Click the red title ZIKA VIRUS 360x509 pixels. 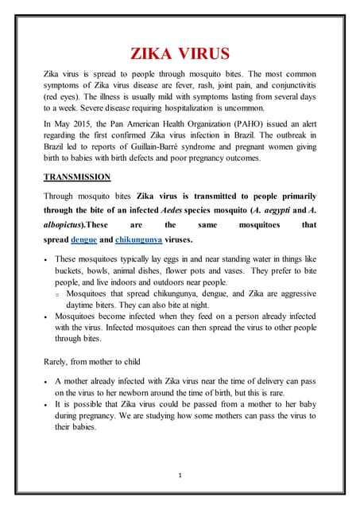(x=180, y=54)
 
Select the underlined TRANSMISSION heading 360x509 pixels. (x=77, y=177)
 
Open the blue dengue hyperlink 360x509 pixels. (x=83, y=239)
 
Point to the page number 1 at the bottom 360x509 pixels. (x=180, y=474)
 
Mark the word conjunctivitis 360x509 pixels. (x=288, y=84)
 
